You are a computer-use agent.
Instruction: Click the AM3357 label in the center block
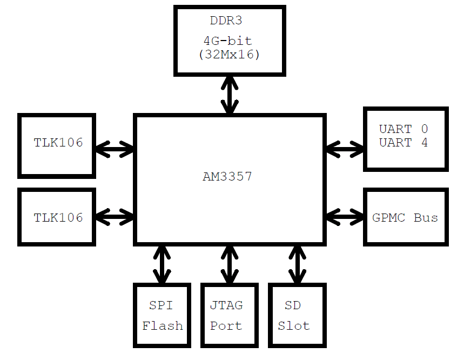click(x=227, y=176)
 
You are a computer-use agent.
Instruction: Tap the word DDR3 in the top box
click(x=227, y=21)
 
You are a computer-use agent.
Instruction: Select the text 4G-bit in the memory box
click(x=227, y=41)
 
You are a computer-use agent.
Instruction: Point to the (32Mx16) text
click(x=230, y=54)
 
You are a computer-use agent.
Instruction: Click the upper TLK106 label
click(x=58, y=143)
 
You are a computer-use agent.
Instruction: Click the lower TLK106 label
click(x=58, y=217)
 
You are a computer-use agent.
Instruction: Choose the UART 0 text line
click(x=403, y=129)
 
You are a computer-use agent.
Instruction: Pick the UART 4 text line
click(x=403, y=143)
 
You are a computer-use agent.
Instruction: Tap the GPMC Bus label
click(x=405, y=217)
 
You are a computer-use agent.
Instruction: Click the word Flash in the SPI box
click(x=163, y=326)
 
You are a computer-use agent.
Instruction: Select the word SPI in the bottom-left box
click(x=161, y=305)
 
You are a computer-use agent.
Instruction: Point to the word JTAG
click(x=226, y=305)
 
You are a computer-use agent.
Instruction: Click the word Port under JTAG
click(x=226, y=326)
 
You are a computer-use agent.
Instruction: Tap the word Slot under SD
click(x=293, y=326)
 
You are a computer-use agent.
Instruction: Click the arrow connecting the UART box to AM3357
click(x=345, y=148)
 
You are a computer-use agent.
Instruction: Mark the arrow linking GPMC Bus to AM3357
click(x=345, y=217)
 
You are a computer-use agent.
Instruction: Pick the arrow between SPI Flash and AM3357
click(x=162, y=264)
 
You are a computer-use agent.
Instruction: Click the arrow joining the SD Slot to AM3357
click(x=296, y=264)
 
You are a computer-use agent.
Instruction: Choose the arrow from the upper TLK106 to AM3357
click(x=115, y=148)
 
